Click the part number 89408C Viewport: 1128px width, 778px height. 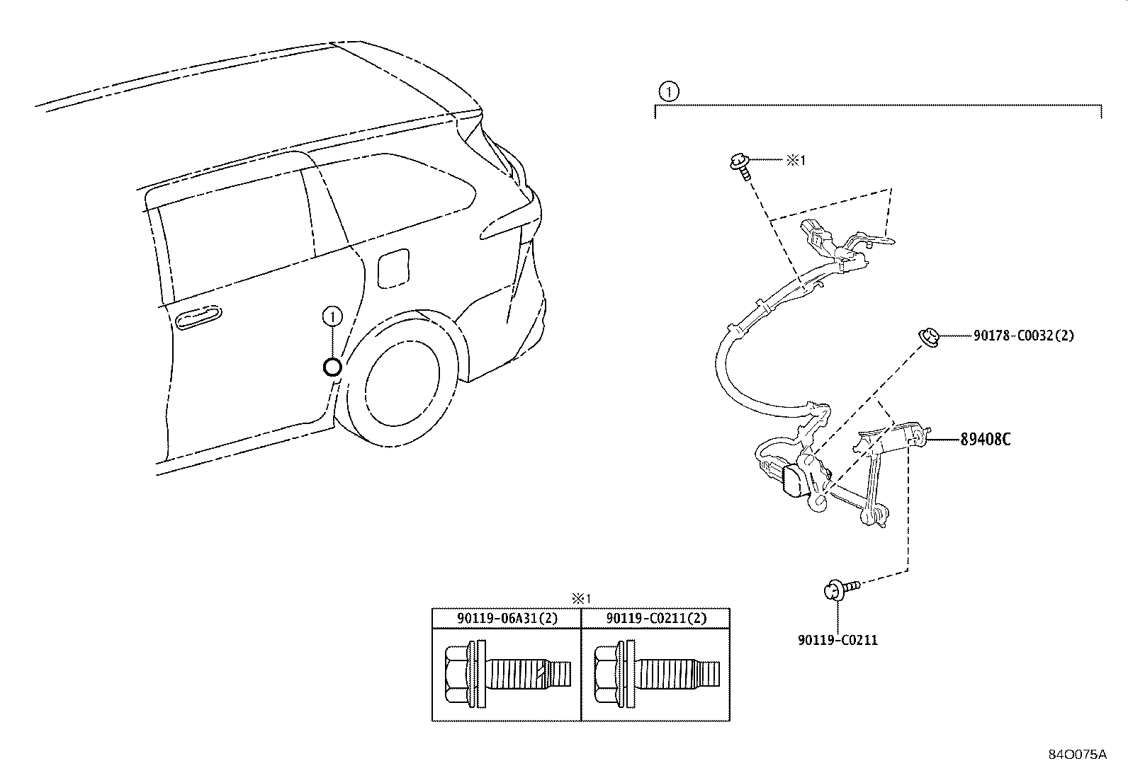[x=985, y=440]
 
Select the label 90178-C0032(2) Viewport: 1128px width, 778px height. [x=1023, y=335]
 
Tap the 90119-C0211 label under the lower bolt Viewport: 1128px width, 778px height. [x=838, y=640]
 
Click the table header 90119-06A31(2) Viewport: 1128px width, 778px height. [x=507, y=618]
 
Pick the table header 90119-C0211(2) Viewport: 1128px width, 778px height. [x=656, y=618]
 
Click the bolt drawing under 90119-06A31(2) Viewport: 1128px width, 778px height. [x=508, y=674]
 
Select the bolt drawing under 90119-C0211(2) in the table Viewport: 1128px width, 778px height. [x=657, y=674]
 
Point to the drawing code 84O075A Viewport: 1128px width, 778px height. [x=1078, y=755]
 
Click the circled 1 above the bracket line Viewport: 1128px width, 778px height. [x=669, y=92]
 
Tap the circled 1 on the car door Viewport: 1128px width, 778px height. [x=332, y=316]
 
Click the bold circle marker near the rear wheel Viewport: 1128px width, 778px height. [x=332, y=367]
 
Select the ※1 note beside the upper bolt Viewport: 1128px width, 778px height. [x=796, y=160]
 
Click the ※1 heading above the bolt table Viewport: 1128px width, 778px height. [x=581, y=599]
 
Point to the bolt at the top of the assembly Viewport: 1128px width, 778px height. [x=740, y=166]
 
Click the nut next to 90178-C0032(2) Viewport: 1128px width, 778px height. [x=930, y=337]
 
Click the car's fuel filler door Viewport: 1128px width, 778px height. [x=393, y=268]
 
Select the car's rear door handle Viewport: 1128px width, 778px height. [x=198, y=317]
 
